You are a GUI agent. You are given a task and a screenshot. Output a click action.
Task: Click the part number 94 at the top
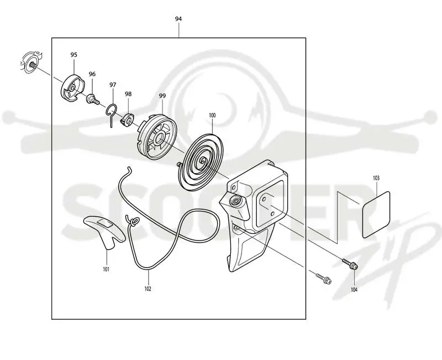tap(178, 19)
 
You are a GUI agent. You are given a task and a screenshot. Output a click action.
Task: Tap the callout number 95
tap(73, 55)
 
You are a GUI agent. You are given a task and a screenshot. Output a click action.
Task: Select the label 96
tap(92, 74)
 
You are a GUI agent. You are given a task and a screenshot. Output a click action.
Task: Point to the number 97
tap(113, 85)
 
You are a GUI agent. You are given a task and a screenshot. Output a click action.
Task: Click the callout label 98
tap(128, 94)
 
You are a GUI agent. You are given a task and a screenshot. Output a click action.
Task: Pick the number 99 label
tap(162, 96)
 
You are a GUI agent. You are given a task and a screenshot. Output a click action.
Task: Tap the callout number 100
tap(212, 115)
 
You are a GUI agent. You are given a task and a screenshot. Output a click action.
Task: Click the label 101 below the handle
tap(106, 269)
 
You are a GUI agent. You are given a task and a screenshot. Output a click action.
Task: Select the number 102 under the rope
tap(148, 289)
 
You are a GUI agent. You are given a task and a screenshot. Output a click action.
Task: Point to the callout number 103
tap(376, 178)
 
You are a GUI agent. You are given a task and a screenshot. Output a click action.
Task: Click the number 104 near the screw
tap(354, 289)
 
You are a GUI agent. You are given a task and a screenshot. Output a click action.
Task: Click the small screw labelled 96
tap(93, 99)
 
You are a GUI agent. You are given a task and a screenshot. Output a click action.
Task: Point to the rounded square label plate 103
tap(376, 215)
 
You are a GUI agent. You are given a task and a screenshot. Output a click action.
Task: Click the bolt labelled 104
tap(350, 264)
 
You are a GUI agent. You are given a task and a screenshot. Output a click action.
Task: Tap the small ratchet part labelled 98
tap(127, 119)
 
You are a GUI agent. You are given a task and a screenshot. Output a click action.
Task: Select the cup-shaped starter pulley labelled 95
tap(72, 88)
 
